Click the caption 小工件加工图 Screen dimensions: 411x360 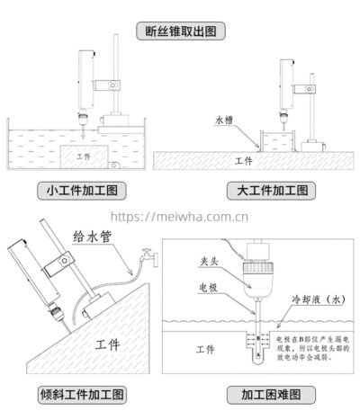click(79, 191)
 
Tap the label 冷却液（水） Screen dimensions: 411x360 click(316, 299)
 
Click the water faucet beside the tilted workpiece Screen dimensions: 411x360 click(146, 258)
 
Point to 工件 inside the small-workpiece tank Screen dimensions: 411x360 click(85, 156)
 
